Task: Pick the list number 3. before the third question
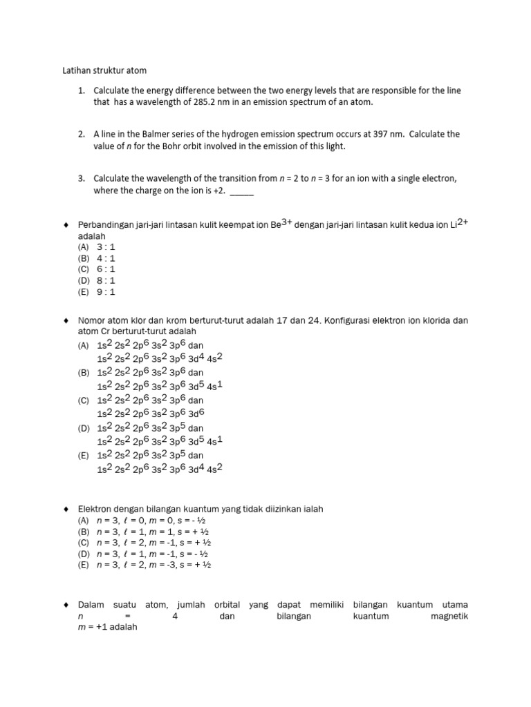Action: click(x=81, y=178)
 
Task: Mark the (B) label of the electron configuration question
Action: click(x=84, y=373)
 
